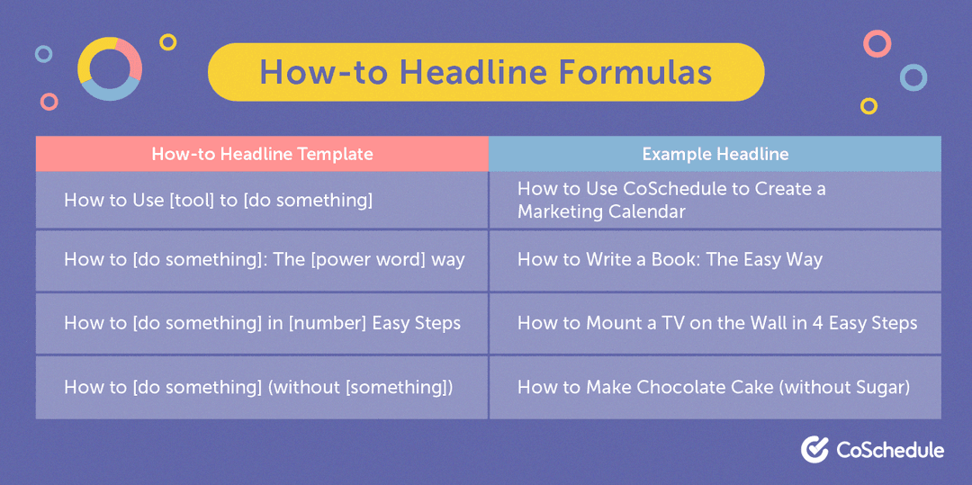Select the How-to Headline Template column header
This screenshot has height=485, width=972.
[x=262, y=154]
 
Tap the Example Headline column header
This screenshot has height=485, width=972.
[x=715, y=154]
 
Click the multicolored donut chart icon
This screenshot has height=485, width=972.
[x=109, y=68]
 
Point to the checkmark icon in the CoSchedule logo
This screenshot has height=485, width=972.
[x=814, y=449]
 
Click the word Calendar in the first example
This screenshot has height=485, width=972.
[x=645, y=211]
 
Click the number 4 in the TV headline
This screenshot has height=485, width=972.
[x=817, y=323]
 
